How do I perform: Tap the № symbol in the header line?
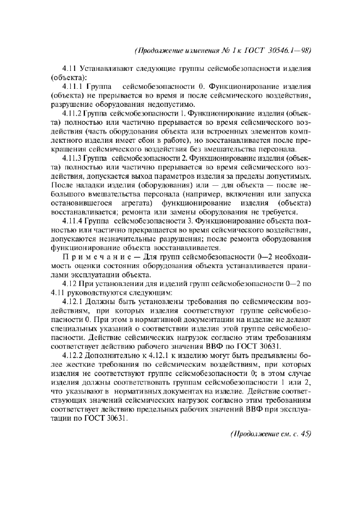[x=231, y=51]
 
